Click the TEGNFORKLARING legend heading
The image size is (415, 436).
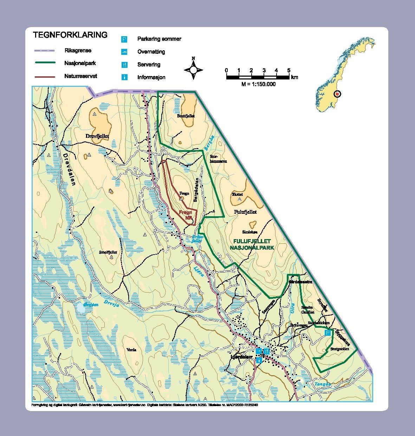click(70, 35)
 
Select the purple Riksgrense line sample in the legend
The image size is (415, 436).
click(45, 51)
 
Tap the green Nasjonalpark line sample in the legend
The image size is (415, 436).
click(45, 63)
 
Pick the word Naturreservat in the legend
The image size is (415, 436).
click(80, 76)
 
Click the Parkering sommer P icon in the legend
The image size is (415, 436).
click(124, 39)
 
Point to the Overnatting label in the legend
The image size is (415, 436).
click(151, 52)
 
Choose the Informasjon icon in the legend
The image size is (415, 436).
click(124, 77)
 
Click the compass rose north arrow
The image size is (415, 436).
click(193, 69)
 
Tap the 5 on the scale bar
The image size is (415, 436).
click(288, 70)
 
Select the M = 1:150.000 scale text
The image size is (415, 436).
click(258, 84)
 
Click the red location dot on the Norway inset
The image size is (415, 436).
click(337, 94)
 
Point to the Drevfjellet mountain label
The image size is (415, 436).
click(98, 136)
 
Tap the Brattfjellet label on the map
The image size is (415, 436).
click(186, 116)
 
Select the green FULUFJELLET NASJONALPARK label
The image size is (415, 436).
click(252, 244)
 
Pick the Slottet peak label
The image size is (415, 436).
click(238, 194)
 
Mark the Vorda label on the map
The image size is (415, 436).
click(131, 350)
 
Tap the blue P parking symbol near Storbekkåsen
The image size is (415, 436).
click(328, 333)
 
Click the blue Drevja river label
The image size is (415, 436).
click(111, 303)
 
